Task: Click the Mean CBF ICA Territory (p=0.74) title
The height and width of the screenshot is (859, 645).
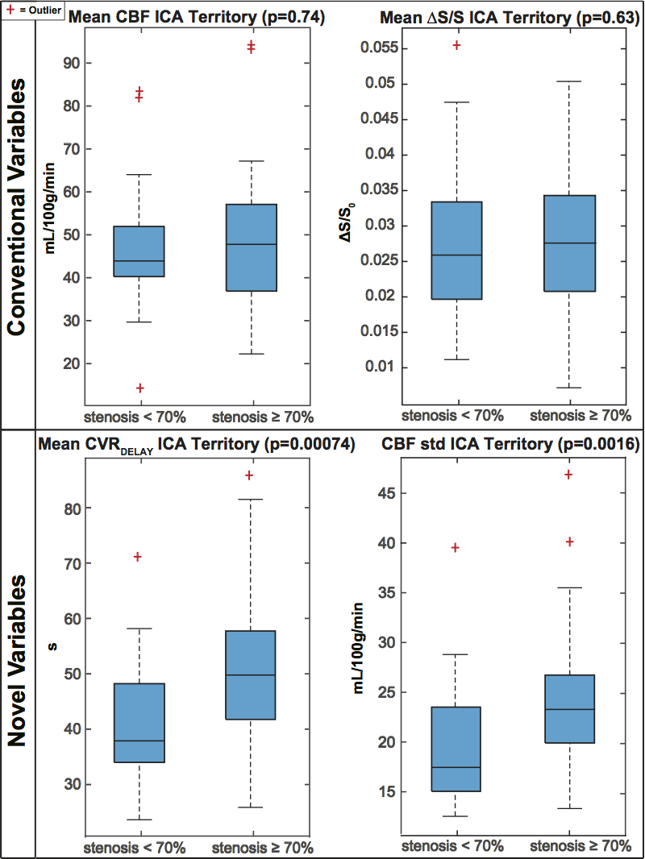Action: click(197, 17)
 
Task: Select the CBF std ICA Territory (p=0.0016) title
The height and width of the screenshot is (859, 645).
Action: click(510, 442)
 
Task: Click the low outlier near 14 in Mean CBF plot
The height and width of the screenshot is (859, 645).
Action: click(139, 388)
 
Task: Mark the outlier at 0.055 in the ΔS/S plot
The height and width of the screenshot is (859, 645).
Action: click(456, 45)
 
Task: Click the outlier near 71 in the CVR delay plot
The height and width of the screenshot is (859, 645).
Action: click(137, 557)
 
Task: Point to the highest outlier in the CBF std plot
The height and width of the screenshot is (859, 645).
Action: click(568, 475)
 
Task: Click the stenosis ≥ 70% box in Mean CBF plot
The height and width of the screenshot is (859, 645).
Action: click(251, 247)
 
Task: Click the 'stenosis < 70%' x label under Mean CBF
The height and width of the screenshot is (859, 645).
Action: click(135, 417)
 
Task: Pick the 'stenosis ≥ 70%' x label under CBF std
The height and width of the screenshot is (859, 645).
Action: click(581, 846)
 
